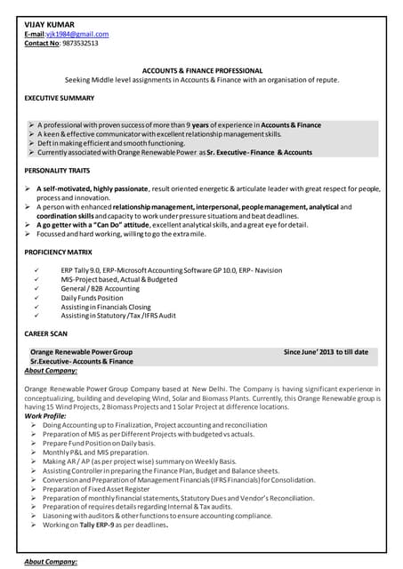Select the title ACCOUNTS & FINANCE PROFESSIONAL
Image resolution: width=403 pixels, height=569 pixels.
tap(202, 70)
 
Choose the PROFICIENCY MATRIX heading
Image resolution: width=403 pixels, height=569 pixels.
tap(58, 253)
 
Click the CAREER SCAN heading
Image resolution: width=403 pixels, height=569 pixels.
tap(45, 333)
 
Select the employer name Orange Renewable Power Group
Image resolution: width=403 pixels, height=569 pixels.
tap(81, 352)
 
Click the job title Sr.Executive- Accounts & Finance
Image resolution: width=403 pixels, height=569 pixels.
tap(82, 362)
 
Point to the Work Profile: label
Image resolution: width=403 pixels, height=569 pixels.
tap(45, 416)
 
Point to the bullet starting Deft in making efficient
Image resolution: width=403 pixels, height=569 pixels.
tap(111, 143)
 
